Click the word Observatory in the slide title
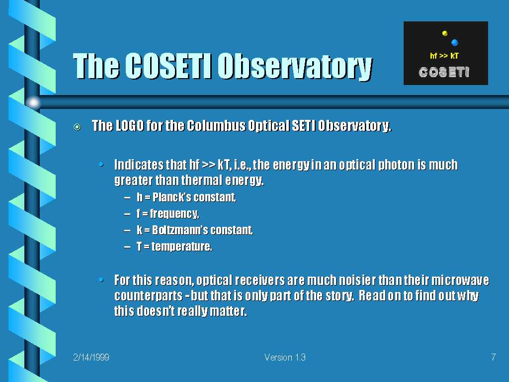pyautogui.click(x=295, y=67)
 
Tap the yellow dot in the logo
pyautogui.click(x=445, y=33)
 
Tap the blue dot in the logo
pyautogui.click(x=454, y=42)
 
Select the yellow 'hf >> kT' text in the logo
pyautogui.click(x=444, y=56)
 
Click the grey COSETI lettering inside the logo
pyautogui.click(x=444, y=72)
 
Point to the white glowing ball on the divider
pyautogui.click(x=33, y=102)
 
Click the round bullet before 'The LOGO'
pyautogui.click(x=77, y=127)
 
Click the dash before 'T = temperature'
pyautogui.click(x=127, y=247)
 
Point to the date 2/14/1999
pyautogui.click(x=91, y=357)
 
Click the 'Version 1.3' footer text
pyautogui.click(x=285, y=357)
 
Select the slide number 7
pyautogui.click(x=494, y=357)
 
